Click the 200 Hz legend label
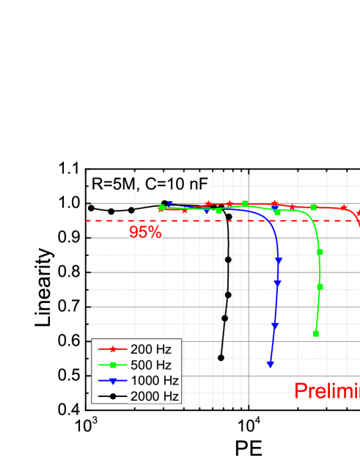(x=150, y=349)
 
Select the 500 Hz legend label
(x=150, y=365)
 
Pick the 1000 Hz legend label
(x=154, y=380)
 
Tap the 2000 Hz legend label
(x=154, y=396)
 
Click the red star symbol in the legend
(x=112, y=349)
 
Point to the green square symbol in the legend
(x=112, y=365)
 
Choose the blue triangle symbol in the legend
(x=112, y=381)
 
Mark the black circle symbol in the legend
(x=112, y=396)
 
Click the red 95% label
(x=145, y=232)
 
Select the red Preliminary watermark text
(x=327, y=391)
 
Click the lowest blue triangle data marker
(x=271, y=364)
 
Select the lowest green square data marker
(x=316, y=333)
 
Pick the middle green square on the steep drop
(x=320, y=287)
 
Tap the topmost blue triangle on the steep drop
(x=279, y=258)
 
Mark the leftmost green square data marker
(x=161, y=208)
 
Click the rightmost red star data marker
(x=345, y=208)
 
